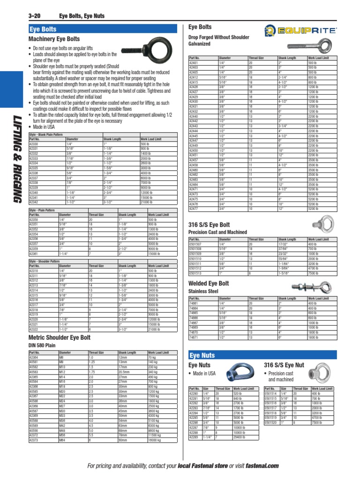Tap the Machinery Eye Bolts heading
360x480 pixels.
[54, 39]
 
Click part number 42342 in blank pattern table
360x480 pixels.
[34, 202]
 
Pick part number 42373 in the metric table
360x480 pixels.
[34, 440]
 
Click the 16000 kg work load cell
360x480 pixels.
[156, 440]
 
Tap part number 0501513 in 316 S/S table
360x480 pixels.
[195, 272]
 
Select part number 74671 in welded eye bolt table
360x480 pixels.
[194, 337]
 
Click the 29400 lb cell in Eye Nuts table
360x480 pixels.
[240, 437]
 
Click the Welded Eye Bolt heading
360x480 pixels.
[209, 284]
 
